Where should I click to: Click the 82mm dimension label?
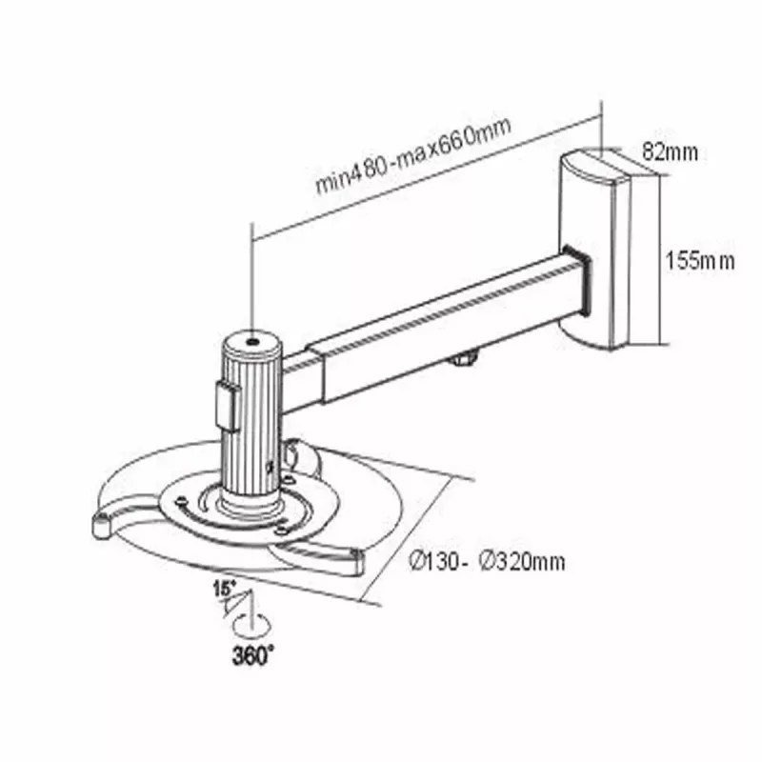click(670, 151)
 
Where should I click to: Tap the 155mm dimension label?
click(700, 260)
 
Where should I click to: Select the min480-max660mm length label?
click(413, 154)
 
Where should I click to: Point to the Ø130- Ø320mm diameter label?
click(487, 561)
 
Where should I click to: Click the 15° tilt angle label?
click(224, 589)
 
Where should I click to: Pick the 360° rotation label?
click(252, 655)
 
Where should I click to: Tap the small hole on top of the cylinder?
click(252, 342)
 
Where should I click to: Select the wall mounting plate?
click(595, 251)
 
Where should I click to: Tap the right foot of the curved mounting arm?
click(355, 563)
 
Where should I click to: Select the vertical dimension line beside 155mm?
click(660, 260)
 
